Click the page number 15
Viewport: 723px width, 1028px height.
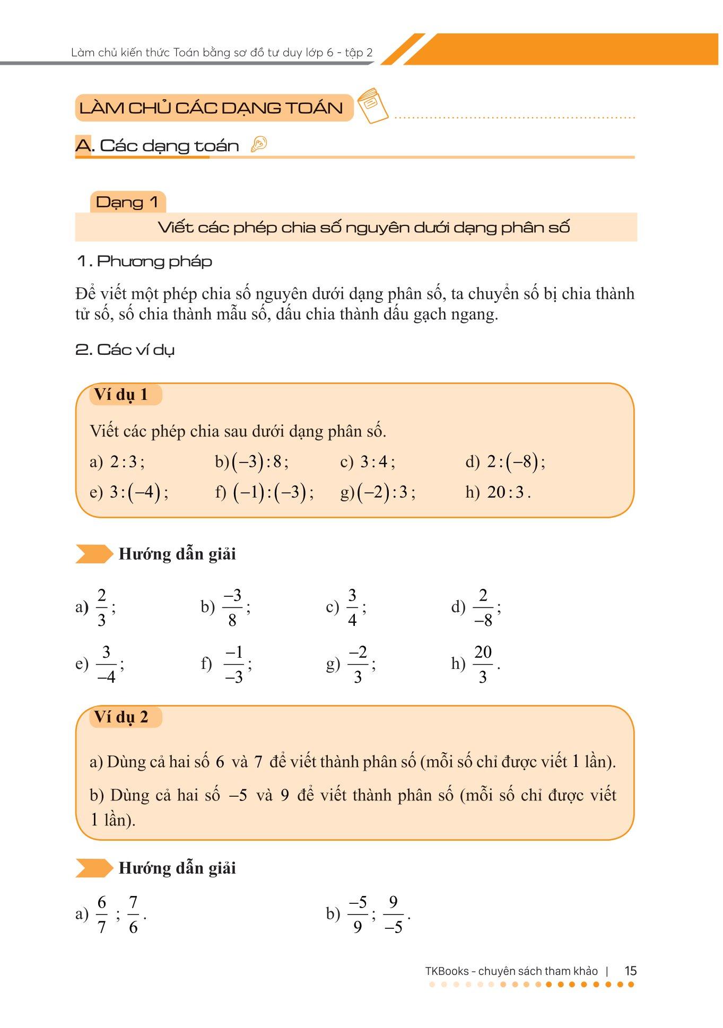click(630, 971)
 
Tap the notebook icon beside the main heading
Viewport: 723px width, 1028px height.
click(372, 106)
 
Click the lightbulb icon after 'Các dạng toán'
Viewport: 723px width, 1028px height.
click(259, 144)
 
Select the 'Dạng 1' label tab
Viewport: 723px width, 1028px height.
click(127, 202)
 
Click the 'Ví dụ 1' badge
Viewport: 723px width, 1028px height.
click(121, 395)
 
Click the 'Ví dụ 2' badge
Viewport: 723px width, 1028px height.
click(121, 717)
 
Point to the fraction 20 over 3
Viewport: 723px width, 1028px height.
click(483, 664)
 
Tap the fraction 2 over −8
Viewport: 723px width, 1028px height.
click(483, 607)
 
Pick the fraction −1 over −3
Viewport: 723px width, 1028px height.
click(234, 664)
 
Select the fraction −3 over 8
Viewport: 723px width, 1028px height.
click(232, 607)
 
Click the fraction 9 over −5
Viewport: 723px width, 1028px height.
click(393, 914)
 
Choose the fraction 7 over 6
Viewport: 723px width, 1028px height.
click(133, 914)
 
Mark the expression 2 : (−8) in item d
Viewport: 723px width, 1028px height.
click(512, 462)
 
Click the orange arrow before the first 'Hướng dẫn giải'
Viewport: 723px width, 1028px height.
click(94, 554)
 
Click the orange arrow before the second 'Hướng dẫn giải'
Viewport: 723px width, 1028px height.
click(94, 868)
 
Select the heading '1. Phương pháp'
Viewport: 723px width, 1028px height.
click(144, 261)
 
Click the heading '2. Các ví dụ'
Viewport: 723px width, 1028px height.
click(125, 350)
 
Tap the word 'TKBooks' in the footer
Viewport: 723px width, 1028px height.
click(447, 971)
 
